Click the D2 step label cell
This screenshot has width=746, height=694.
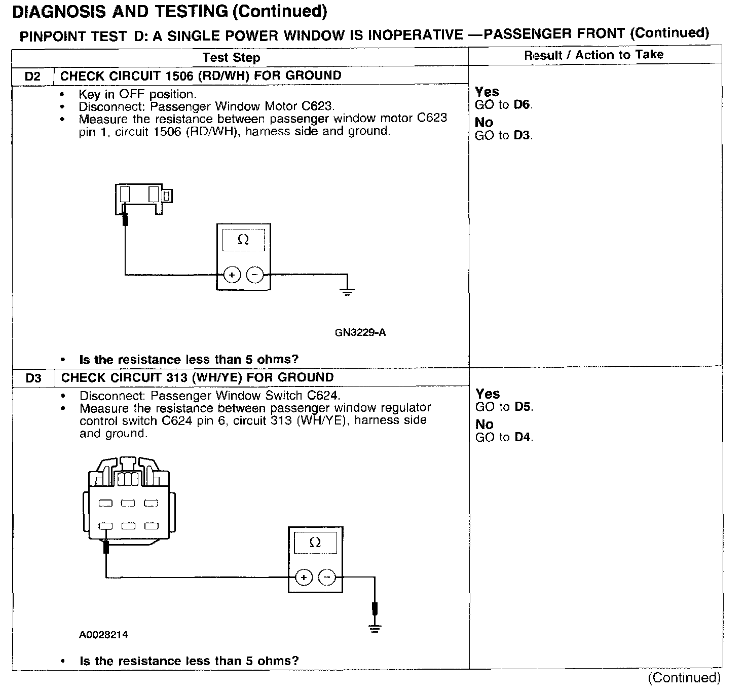click(x=32, y=76)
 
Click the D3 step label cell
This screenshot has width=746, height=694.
click(x=33, y=378)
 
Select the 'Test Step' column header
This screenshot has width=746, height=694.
click(x=231, y=57)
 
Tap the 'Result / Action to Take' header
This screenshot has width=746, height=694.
click(x=593, y=55)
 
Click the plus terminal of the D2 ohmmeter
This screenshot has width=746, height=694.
click(x=232, y=275)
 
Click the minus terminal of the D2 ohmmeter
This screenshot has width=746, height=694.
click(x=254, y=275)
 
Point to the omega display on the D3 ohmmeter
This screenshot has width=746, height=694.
click(x=315, y=543)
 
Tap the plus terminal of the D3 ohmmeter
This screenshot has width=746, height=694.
click(x=304, y=577)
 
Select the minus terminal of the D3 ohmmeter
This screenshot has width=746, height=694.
click(x=327, y=577)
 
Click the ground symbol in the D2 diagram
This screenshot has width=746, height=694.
click(x=347, y=290)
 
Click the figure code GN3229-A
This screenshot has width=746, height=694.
click(x=360, y=333)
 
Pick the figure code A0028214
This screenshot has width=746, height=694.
click(x=103, y=635)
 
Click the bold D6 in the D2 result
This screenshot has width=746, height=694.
click(x=523, y=105)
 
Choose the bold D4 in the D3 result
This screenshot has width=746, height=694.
click(x=523, y=437)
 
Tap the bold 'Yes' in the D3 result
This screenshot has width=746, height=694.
click(x=488, y=394)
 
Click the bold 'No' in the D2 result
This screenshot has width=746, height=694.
click(x=484, y=123)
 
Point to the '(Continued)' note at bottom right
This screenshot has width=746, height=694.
click(x=684, y=678)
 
